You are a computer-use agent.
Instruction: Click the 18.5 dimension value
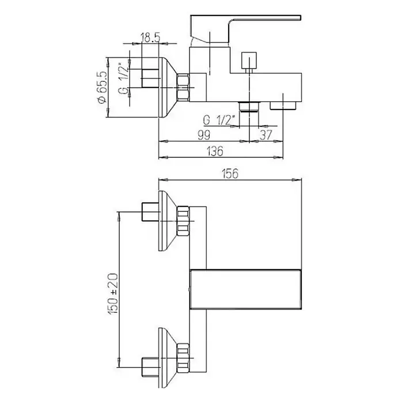[x=150, y=38]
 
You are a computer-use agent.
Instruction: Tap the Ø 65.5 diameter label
[x=101, y=88]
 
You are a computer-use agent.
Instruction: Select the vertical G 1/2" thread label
[x=123, y=78]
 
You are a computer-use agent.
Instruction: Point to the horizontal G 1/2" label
[x=219, y=120]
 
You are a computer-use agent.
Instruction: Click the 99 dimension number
[x=204, y=135]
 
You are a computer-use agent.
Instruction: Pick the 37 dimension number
[x=266, y=135]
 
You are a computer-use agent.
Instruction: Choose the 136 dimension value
[x=215, y=151]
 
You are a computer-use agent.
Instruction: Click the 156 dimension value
[x=230, y=173]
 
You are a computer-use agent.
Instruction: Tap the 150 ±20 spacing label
[x=113, y=294]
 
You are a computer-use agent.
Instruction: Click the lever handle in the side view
[x=245, y=29]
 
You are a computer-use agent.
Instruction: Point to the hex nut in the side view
[x=183, y=88]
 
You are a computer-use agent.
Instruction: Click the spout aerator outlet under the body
[x=283, y=105]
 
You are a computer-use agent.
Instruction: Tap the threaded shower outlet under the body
[x=249, y=107]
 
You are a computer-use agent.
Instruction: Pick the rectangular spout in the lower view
[x=245, y=289]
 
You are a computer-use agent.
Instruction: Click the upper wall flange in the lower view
[x=168, y=221]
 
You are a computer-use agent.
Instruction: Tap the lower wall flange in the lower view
[x=168, y=358]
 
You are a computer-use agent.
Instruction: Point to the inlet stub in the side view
[x=150, y=78]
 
